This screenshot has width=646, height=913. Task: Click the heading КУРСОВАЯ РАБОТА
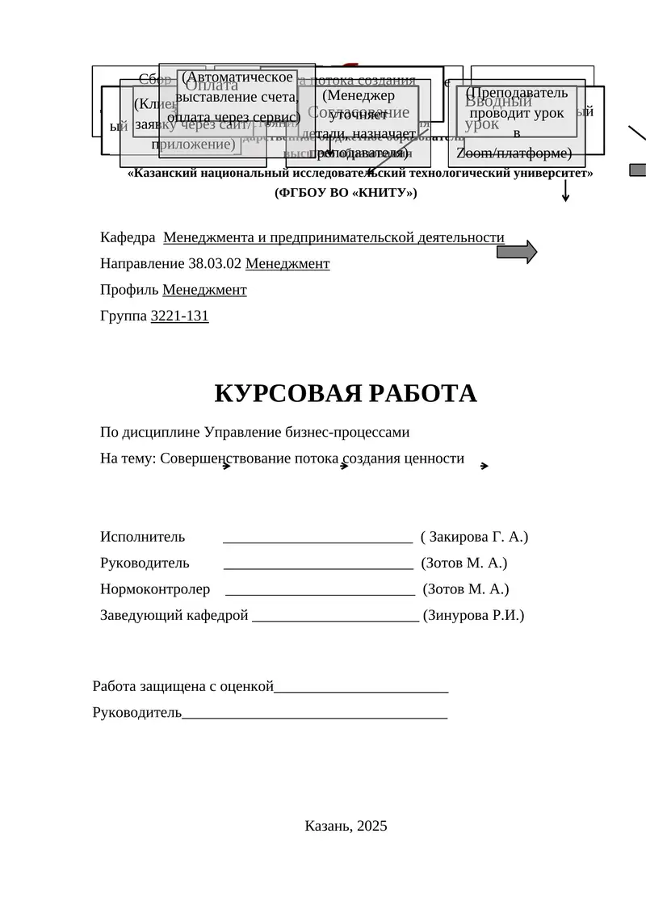(346, 393)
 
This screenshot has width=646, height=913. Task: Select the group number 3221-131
(179, 316)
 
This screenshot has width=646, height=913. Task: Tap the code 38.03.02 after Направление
(215, 263)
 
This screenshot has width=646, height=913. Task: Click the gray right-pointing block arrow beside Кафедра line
(516, 252)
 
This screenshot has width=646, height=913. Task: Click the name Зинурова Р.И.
(473, 615)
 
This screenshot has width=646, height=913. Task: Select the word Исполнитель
(142, 537)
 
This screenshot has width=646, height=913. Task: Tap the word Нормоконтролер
(155, 589)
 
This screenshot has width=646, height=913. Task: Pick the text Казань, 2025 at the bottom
(346, 825)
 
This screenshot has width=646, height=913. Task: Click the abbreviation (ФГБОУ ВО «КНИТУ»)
(346, 193)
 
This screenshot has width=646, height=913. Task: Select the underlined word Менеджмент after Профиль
(204, 290)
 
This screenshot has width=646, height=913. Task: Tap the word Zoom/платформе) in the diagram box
(514, 153)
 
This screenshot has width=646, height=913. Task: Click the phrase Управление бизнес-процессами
(308, 432)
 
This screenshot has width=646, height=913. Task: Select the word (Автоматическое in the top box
(237, 77)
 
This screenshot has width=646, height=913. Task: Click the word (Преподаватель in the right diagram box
(517, 93)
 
